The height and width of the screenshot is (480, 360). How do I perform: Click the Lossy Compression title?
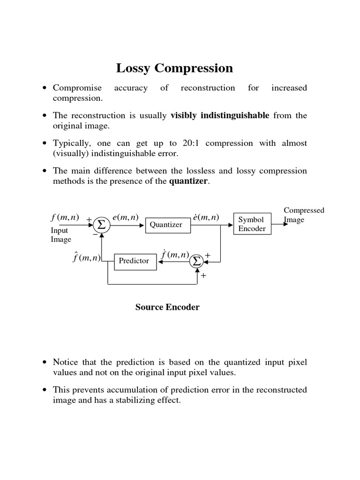click(174, 68)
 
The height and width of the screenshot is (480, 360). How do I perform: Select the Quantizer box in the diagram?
click(165, 225)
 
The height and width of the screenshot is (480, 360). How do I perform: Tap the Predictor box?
click(134, 261)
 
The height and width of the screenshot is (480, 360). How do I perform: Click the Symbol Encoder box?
click(252, 225)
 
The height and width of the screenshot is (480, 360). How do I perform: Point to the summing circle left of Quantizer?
click(102, 225)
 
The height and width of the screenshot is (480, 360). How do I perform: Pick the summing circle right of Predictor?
click(196, 261)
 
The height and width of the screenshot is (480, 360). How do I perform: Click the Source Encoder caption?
click(167, 307)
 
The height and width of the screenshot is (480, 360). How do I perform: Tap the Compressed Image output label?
click(304, 215)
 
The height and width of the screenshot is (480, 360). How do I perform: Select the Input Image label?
click(60, 235)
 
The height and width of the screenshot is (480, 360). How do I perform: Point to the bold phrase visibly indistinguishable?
click(220, 116)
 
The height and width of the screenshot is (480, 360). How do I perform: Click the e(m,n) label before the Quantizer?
click(125, 217)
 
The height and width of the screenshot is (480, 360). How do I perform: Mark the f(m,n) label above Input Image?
click(65, 217)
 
